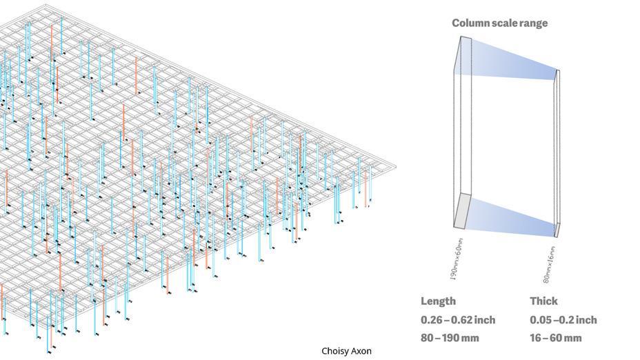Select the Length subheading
[438, 301]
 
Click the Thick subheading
[543, 301]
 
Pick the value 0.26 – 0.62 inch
[458, 320]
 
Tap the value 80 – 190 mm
[451, 338]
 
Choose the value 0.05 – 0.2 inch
[563, 320]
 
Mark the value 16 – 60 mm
[556, 338]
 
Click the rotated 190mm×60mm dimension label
[457, 259]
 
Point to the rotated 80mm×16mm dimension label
[549, 265]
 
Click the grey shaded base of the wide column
[462, 211]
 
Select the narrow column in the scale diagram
[557, 152]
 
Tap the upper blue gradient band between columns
[510, 59]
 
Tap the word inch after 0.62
[484, 320]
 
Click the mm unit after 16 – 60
[573, 338]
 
